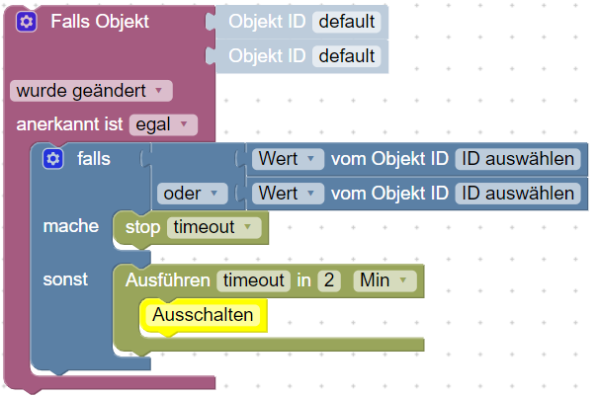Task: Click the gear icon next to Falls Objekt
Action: point(27,21)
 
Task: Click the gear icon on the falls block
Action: point(53,159)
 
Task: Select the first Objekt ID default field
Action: point(346,21)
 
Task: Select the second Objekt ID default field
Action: point(346,56)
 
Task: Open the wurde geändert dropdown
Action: point(91,91)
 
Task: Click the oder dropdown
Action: point(193,193)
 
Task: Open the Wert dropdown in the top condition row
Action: point(288,158)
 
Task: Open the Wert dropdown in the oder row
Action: point(288,193)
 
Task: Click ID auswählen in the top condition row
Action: point(518,158)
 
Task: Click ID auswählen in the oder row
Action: point(518,193)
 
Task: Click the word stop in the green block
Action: point(142,227)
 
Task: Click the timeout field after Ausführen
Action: point(254,280)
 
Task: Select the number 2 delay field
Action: point(329,280)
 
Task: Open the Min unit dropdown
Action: point(385,280)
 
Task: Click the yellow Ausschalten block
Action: point(203,315)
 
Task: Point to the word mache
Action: point(71,226)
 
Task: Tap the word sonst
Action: point(65,279)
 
